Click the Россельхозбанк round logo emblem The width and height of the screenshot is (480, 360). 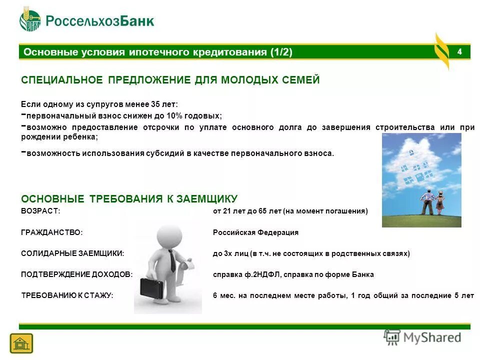pos(30,20)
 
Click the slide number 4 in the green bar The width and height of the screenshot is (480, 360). pos(459,52)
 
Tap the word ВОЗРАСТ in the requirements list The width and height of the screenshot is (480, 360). pos(40,211)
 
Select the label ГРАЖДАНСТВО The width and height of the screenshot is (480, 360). pos(51,232)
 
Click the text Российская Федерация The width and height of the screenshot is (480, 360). pos(255,232)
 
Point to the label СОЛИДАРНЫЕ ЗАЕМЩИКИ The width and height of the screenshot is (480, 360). pos(72,253)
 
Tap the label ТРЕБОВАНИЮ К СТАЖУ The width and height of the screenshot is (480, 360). pos(67,295)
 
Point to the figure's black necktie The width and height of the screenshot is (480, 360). pos(171,260)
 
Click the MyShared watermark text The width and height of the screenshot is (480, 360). pos(433,337)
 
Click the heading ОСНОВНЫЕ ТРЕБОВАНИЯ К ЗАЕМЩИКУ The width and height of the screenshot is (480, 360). pos(129,199)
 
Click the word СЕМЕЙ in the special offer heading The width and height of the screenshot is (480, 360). pos(301,80)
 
